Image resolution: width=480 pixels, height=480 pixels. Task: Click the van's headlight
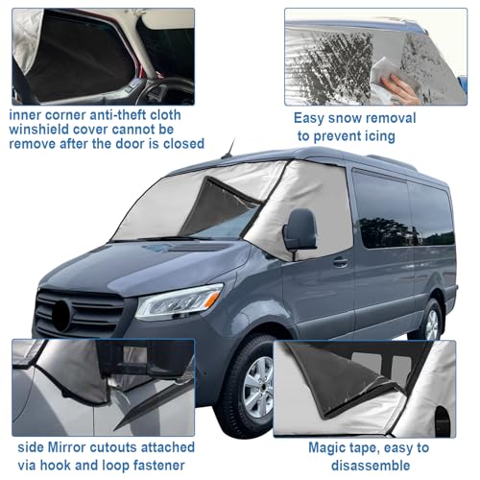click(180, 301)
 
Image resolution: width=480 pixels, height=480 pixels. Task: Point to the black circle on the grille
click(60, 316)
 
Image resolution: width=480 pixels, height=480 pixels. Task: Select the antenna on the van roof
click(229, 148)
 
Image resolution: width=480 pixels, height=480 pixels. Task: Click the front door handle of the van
click(341, 262)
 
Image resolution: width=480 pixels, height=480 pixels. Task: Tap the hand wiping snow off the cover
click(400, 87)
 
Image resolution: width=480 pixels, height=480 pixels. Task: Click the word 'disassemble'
click(371, 466)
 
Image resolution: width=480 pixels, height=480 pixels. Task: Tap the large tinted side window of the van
click(381, 209)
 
